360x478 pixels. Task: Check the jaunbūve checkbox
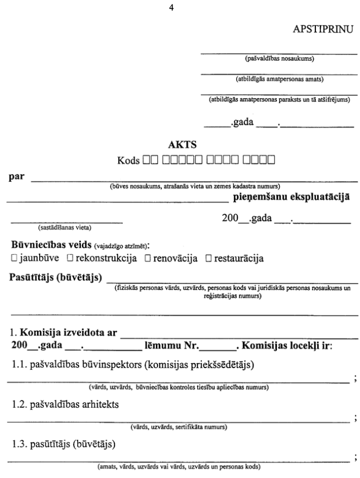pyautogui.click(x=13, y=259)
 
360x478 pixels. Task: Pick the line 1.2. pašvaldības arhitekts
pyautogui.click(x=51, y=403)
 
